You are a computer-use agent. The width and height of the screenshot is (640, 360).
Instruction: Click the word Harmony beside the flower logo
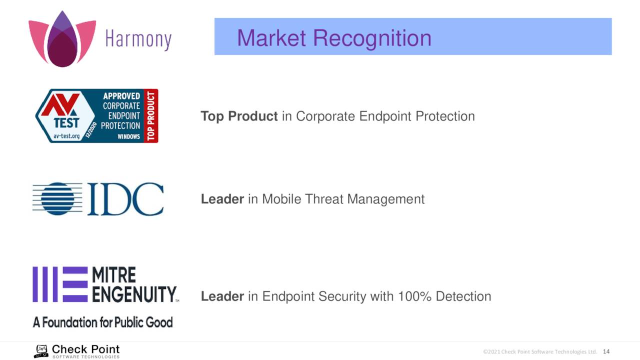coord(138,39)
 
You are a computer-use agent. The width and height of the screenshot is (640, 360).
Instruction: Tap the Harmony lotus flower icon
coord(62,39)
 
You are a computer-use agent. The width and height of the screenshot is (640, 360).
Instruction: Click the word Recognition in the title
coord(372,38)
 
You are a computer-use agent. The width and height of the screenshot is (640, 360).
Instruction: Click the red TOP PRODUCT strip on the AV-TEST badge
coord(151,115)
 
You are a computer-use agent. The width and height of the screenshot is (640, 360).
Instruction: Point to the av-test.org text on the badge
coord(66,136)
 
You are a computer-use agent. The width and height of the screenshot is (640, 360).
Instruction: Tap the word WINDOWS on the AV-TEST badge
coord(128,136)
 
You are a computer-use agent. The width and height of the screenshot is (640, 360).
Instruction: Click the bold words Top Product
coord(239,116)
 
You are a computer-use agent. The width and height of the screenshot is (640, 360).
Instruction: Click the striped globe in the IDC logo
coord(57,199)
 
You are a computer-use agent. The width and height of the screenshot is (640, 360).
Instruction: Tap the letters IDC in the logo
coord(125,199)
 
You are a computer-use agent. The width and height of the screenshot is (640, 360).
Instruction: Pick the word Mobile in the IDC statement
coord(281,199)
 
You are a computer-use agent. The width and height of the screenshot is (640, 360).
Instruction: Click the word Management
coord(385,199)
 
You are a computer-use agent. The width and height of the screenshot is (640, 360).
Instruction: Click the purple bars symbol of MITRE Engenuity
coord(60,284)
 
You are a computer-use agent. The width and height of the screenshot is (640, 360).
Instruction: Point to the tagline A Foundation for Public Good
coord(103,322)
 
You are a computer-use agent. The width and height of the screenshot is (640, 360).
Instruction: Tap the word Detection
coord(463,296)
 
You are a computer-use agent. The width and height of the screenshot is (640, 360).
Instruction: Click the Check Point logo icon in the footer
coord(41,351)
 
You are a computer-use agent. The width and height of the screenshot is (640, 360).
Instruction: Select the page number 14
coord(606,351)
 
